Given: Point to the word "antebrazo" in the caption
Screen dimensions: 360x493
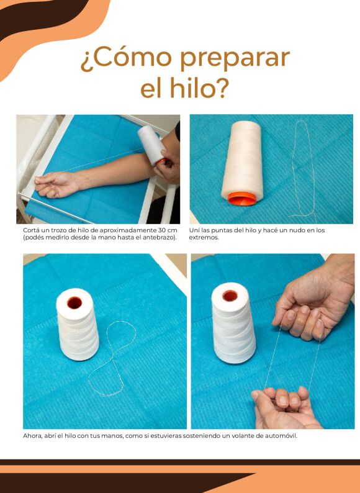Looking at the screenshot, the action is [x=160, y=237].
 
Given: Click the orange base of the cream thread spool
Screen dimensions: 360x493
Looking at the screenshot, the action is [x=242, y=199].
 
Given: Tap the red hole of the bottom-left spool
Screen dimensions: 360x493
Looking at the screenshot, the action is [x=74, y=302].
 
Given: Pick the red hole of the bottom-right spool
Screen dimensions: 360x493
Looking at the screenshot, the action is [x=230, y=296].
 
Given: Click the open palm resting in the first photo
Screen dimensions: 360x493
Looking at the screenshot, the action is [x=56, y=184].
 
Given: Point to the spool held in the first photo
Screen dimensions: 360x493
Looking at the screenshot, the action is [x=152, y=145].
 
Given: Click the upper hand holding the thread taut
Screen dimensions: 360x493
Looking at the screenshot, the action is [x=313, y=301].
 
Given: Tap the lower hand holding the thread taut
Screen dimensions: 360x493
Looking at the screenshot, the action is [x=284, y=408].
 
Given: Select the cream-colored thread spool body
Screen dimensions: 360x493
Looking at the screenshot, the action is [x=243, y=159].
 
